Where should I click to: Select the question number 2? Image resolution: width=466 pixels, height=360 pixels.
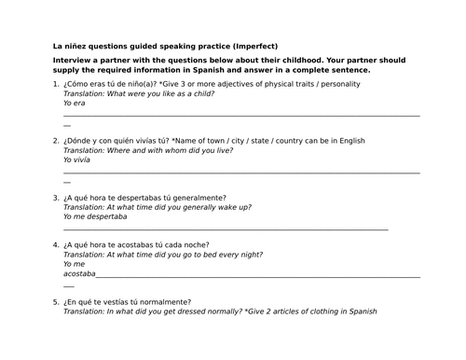(x=56, y=141)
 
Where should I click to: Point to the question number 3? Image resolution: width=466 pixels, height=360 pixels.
(x=56, y=198)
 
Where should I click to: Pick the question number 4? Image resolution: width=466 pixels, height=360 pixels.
(x=56, y=245)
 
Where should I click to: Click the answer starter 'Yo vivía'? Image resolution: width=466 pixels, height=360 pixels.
(x=77, y=159)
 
